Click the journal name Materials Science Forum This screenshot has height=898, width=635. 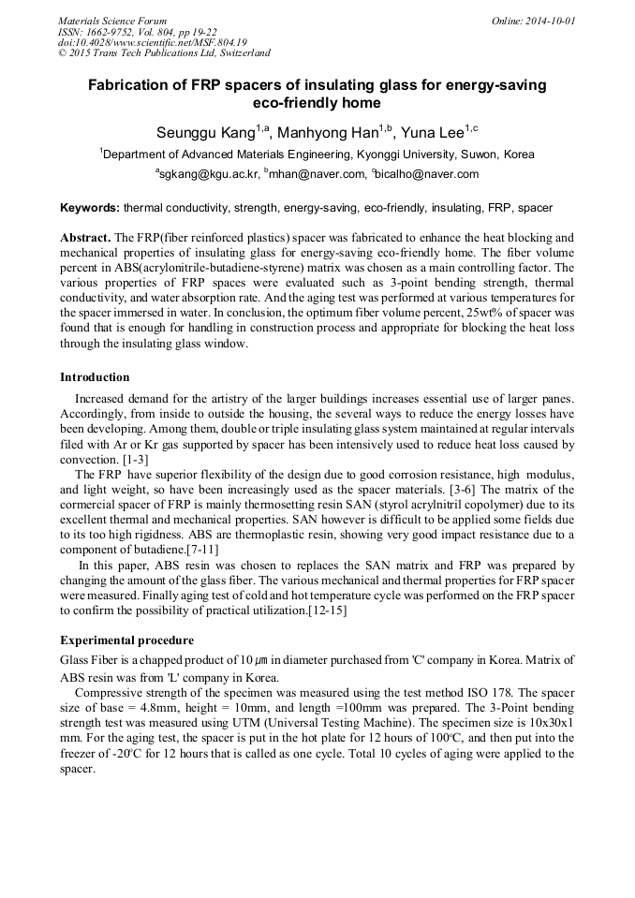pyautogui.click(x=112, y=20)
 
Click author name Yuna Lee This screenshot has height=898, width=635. pyautogui.click(x=438, y=130)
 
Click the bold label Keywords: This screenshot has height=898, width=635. pyautogui.click(x=90, y=208)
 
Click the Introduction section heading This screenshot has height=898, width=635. pyautogui.click(x=95, y=377)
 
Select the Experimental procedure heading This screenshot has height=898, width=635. pyautogui.click(x=126, y=640)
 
